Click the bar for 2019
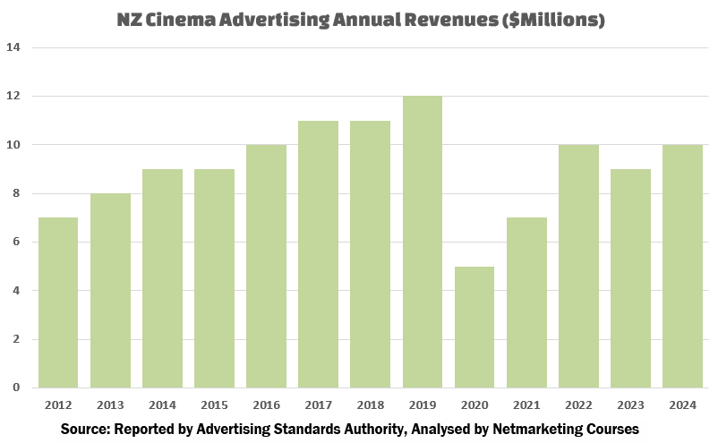[423, 242]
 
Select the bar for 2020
[474, 327]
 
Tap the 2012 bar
[58, 302]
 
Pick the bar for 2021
[526, 302]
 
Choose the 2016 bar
[266, 266]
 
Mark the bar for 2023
[630, 278]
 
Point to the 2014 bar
[162, 278]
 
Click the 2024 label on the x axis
[682, 405]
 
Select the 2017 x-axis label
[318, 405]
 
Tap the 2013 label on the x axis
[110, 405]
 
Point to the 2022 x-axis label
[578, 405]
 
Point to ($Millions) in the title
[552, 19]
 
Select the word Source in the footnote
[85, 430]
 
